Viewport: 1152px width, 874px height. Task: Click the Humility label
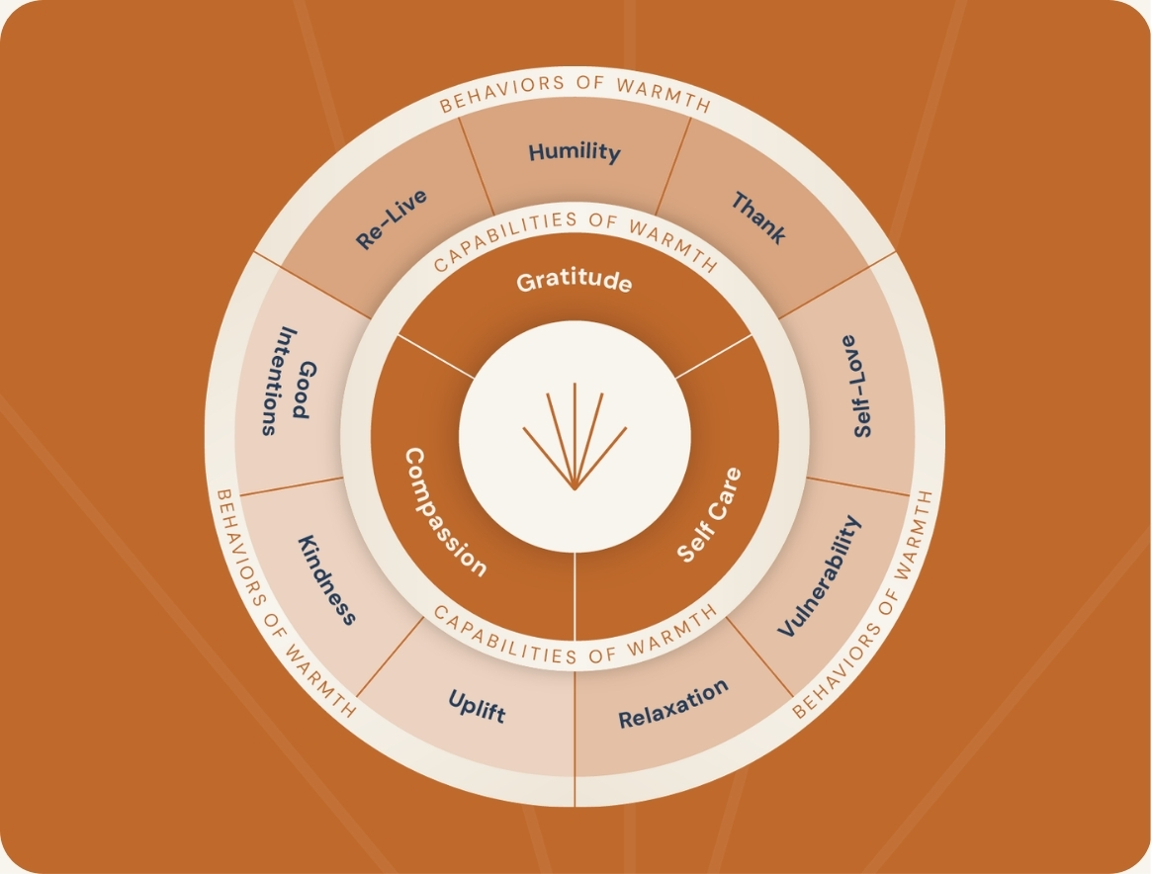click(575, 152)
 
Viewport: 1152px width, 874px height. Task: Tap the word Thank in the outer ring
click(758, 218)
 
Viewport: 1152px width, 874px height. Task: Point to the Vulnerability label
click(820, 576)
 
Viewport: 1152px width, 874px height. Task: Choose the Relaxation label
click(673, 704)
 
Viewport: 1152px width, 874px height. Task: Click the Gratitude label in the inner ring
click(574, 281)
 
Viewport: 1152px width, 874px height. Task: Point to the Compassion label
click(444, 511)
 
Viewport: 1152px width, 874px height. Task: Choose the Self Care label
click(709, 514)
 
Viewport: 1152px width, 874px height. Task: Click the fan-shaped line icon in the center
click(575, 436)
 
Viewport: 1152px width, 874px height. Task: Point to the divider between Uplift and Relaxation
click(575, 722)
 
